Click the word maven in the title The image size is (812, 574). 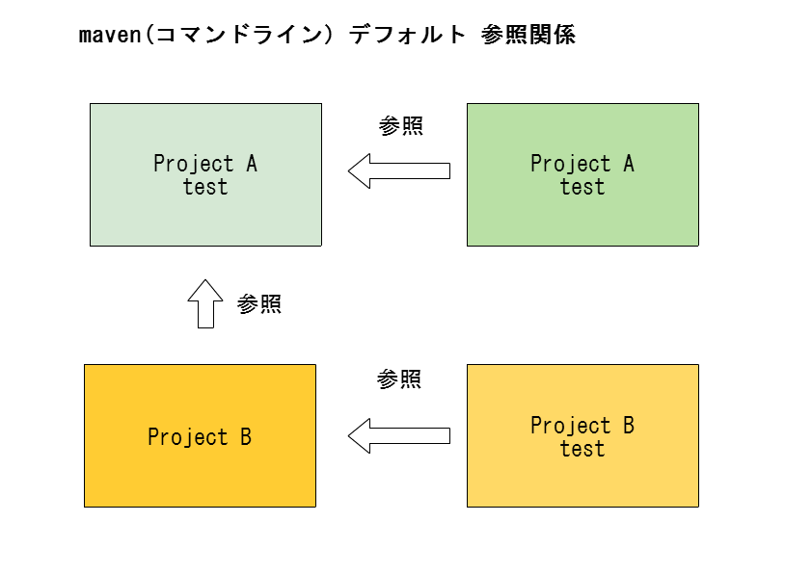click(110, 36)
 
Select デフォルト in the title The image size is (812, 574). click(407, 36)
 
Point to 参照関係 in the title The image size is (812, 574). click(528, 36)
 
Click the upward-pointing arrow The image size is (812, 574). click(205, 303)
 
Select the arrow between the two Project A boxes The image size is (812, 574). click(399, 170)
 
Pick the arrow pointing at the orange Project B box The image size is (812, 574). click(399, 436)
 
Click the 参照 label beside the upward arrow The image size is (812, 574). click(259, 304)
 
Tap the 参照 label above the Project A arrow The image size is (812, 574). click(401, 125)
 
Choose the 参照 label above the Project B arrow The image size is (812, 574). click(398, 379)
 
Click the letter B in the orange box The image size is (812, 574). click(246, 437)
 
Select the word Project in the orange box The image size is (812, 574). click(187, 437)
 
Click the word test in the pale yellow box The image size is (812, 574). click(582, 449)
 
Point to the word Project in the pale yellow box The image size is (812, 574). click(571, 426)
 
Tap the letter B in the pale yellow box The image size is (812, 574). click(629, 425)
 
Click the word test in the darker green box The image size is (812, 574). click(582, 187)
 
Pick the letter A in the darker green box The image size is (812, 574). click(629, 164)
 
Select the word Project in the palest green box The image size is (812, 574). click(194, 164)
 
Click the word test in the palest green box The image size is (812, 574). click(205, 187)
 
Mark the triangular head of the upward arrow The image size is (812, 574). click(205, 291)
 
